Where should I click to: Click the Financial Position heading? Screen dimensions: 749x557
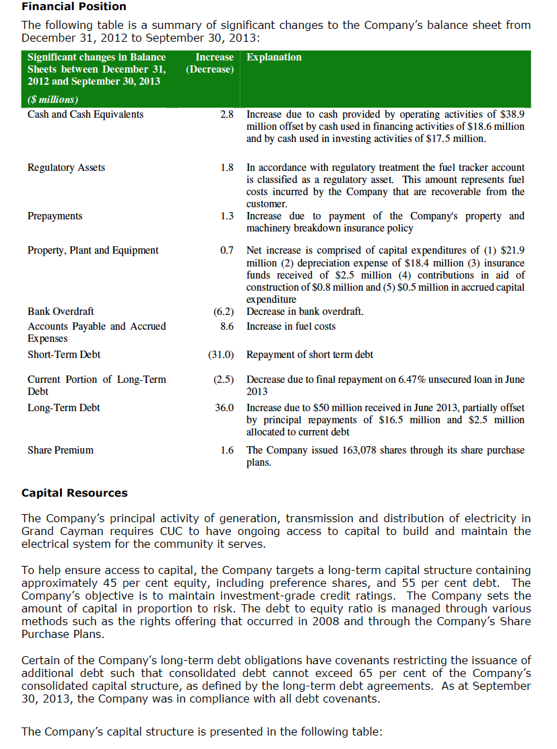point(74,7)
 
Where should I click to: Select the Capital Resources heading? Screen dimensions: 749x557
point(75,493)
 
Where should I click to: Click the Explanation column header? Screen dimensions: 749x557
point(274,57)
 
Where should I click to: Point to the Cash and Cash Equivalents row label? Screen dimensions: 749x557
point(86,114)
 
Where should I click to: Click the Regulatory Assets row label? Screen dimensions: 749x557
point(66,168)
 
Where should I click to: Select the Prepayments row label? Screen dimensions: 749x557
point(55,216)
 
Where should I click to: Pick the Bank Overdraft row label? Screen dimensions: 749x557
point(61,312)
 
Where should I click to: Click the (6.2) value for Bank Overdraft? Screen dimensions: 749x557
point(223,312)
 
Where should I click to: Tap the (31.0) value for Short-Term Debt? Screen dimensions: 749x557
point(220,355)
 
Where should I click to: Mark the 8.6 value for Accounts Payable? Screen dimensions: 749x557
point(227,326)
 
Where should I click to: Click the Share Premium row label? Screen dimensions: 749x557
point(61,450)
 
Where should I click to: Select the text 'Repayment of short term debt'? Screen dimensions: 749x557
point(310,355)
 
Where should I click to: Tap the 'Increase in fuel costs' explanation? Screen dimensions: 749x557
point(291,326)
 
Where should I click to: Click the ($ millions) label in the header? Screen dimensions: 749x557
point(53,100)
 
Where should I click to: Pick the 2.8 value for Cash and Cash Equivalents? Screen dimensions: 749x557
point(227,114)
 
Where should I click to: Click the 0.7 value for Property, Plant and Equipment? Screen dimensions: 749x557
point(227,251)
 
